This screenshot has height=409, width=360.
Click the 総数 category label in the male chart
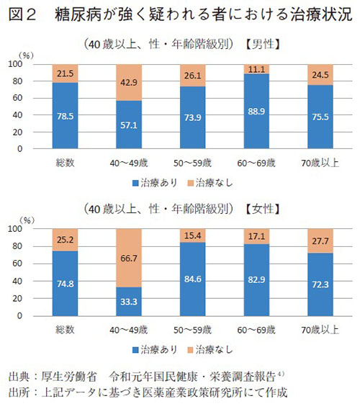coord(66,163)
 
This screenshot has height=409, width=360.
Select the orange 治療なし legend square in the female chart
coord(201,349)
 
